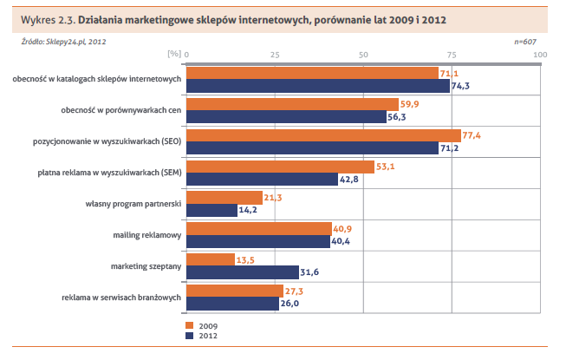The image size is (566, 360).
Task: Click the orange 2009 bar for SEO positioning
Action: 323,135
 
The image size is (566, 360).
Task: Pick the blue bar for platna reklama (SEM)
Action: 262,179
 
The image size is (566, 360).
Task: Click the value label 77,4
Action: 473,136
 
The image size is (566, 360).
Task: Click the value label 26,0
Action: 291,304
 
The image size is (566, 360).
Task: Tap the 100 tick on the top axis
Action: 540,55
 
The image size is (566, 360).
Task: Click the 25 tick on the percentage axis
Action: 275,55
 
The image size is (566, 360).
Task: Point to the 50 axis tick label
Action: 364,55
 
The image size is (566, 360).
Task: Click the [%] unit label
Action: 172,55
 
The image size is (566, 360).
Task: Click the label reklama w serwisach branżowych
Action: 121,298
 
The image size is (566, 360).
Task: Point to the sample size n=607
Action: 526,40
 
